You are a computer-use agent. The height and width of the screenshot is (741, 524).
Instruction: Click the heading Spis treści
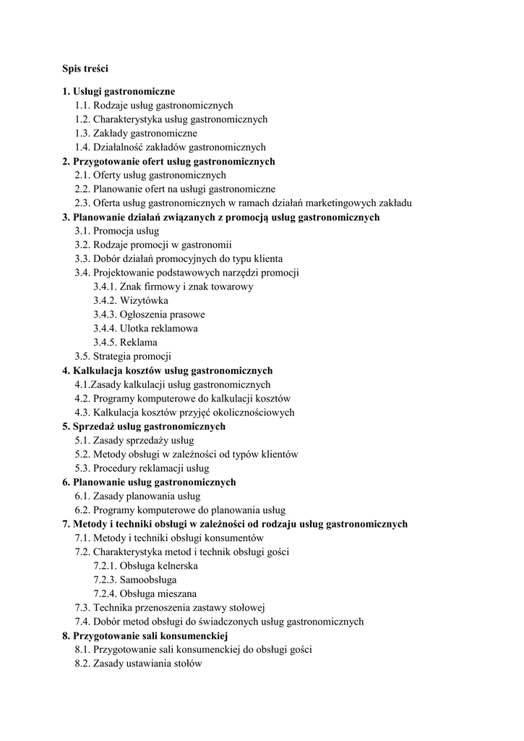tap(85, 69)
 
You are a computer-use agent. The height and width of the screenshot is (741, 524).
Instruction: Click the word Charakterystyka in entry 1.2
tap(127, 119)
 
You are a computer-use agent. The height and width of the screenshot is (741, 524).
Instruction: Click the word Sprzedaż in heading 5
tap(95, 426)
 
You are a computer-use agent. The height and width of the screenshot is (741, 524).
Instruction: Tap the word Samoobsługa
tap(148, 580)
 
